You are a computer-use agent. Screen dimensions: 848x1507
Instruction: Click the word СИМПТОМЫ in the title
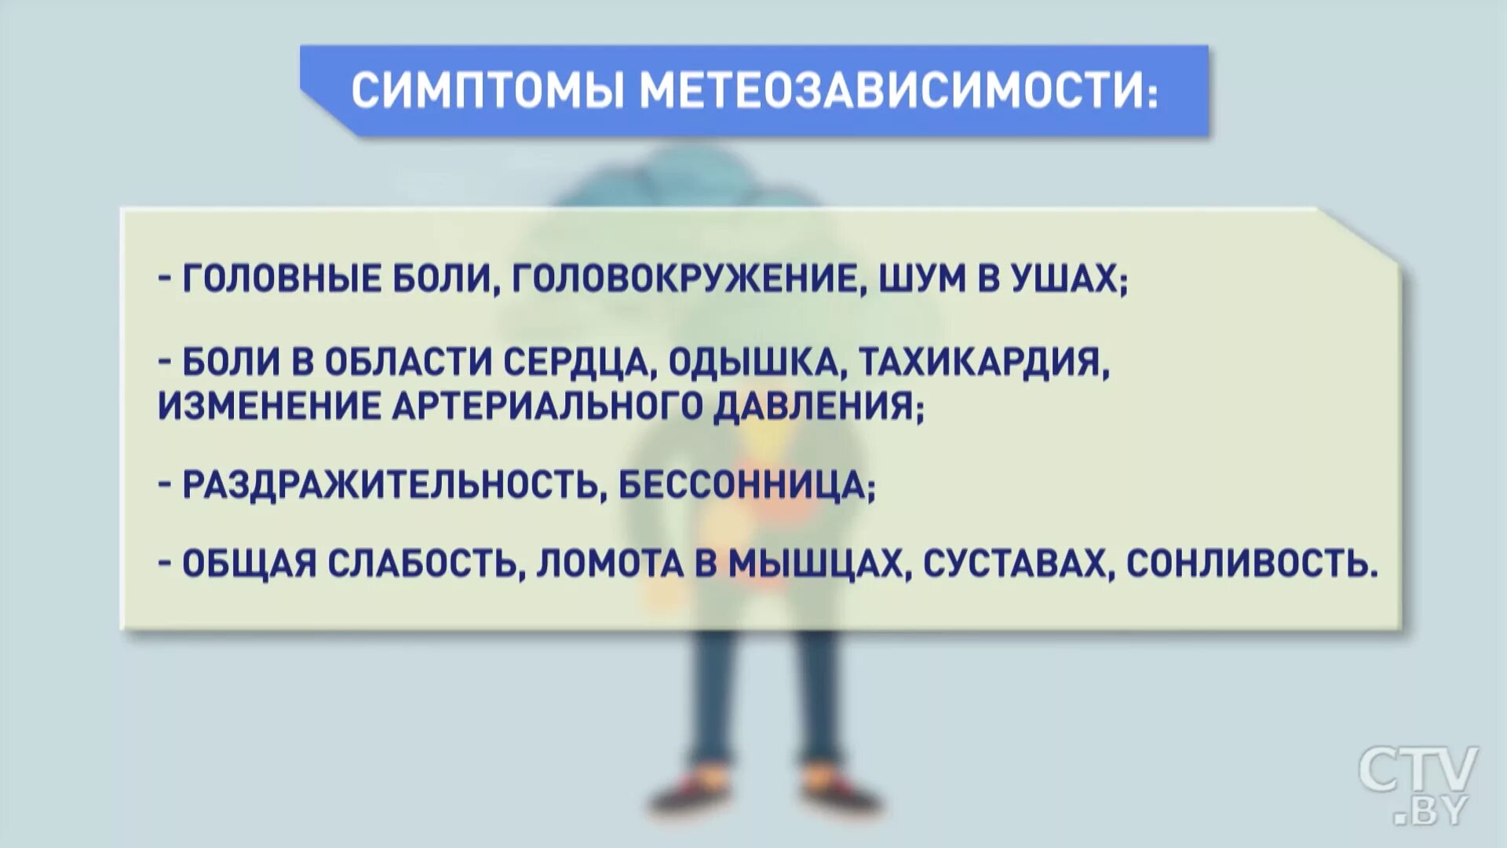coord(487,91)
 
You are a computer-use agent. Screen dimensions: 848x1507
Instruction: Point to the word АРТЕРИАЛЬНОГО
coord(545,406)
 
